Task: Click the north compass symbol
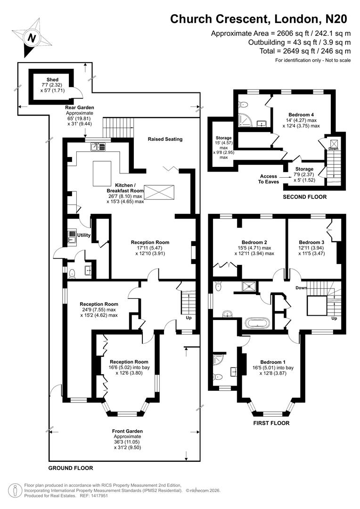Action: coord(32,37)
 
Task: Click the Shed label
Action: coord(52,80)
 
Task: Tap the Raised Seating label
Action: coord(164,139)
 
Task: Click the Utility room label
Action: coord(84,234)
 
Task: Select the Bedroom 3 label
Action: coord(312,238)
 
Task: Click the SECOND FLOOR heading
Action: coord(304,197)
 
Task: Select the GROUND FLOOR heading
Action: coord(71,468)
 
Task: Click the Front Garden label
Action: coord(127,431)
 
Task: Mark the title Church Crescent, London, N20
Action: coord(258,19)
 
